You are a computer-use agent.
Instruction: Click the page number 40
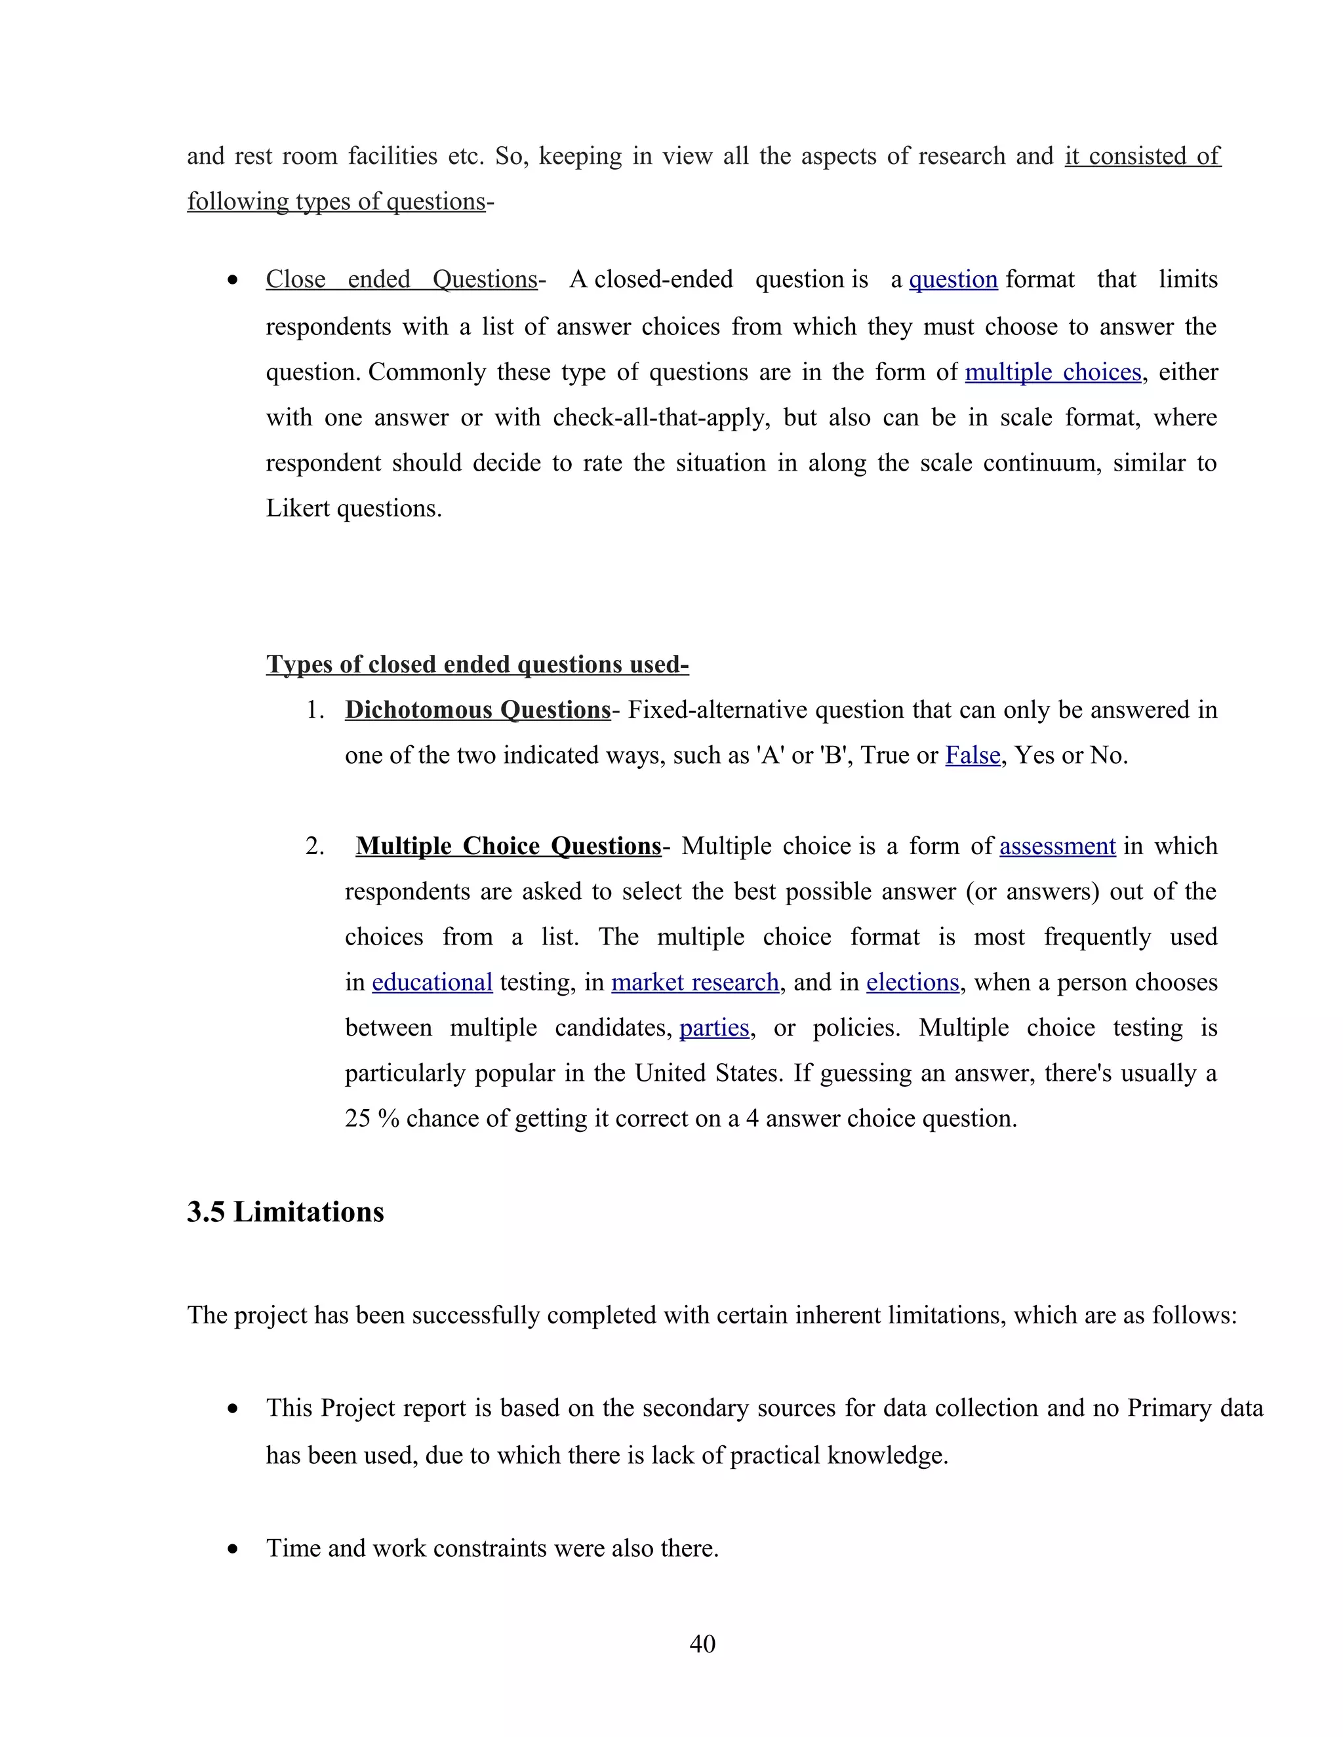(702, 1643)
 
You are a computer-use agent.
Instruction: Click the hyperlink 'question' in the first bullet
(952, 280)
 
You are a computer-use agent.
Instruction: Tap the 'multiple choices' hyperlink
(1052, 372)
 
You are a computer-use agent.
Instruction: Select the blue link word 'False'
(972, 754)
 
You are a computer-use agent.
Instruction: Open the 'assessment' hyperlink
(1056, 846)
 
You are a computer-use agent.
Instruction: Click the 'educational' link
(432, 983)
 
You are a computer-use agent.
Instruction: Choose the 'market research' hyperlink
(694, 983)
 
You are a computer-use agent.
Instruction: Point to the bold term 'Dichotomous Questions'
(477, 709)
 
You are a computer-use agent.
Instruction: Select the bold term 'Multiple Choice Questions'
(508, 846)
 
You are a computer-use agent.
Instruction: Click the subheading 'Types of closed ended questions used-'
(477, 664)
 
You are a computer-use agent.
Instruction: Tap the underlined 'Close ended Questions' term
(402, 280)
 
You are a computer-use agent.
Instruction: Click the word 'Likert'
(298, 508)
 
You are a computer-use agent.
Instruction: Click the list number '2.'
(314, 846)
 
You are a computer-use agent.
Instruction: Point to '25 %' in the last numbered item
(372, 1119)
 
